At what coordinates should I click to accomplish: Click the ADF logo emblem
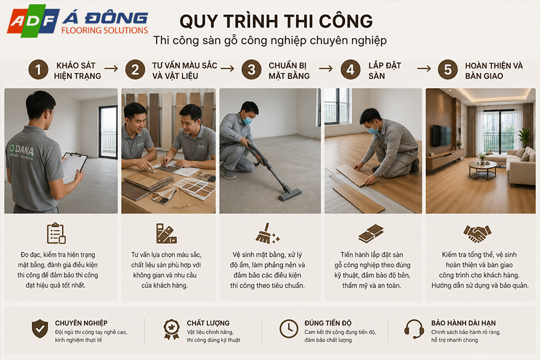33,22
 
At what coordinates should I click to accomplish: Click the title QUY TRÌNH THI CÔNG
276,22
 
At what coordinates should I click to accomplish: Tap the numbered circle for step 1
38,70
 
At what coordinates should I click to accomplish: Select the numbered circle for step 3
251,70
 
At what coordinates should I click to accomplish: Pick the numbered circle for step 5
448,70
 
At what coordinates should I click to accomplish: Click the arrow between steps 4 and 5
424,69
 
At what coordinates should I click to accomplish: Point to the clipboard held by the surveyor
74,167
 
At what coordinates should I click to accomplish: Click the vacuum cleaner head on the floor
290,194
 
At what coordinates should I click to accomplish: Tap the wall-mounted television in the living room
441,136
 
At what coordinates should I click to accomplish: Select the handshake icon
478,233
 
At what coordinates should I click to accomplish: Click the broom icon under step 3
267,233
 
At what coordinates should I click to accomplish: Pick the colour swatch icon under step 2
166,233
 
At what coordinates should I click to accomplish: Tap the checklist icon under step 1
56,233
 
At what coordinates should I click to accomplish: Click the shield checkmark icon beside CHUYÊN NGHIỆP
40,328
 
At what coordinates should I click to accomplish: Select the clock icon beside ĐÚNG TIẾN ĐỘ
289,329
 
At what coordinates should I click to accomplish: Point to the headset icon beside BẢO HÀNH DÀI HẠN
414,329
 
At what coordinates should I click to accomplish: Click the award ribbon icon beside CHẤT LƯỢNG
172,329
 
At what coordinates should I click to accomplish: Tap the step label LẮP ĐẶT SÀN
385,71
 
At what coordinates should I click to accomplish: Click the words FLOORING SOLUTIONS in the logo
104,31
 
